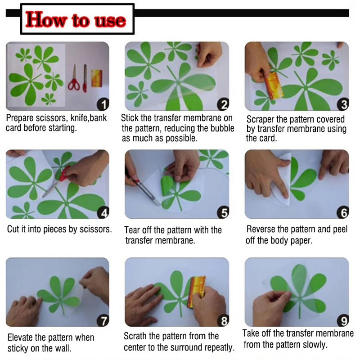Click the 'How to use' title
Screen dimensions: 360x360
click(x=76, y=20)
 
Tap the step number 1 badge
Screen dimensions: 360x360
click(x=103, y=105)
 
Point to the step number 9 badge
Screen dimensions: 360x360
click(x=343, y=321)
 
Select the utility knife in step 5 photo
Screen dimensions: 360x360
click(x=143, y=189)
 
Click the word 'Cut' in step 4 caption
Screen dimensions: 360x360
click(x=13, y=229)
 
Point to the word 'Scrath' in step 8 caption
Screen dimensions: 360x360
click(x=136, y=336)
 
